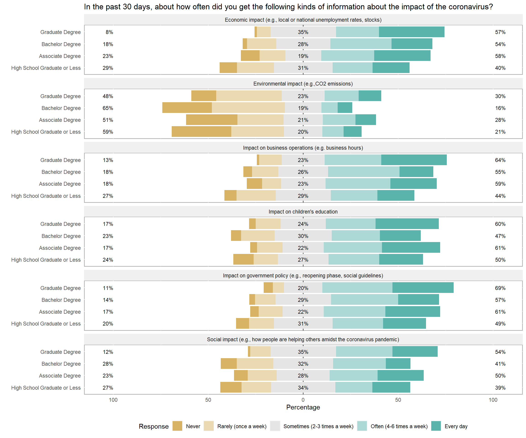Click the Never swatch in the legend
(177, 426)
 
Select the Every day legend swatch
(436, 426)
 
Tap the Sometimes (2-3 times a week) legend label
(318, 426)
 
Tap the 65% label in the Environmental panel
(108, 108)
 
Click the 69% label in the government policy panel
(500, 288)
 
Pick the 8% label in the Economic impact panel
(109, 32)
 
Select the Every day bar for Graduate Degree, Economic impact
(412, 32)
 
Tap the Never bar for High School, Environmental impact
(201, 132)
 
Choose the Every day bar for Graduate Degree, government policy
(423, 288)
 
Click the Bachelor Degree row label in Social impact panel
(61, 364)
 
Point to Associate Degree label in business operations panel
(60, 184)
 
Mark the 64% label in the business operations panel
(500, 160)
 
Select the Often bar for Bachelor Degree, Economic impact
(361, 44)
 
